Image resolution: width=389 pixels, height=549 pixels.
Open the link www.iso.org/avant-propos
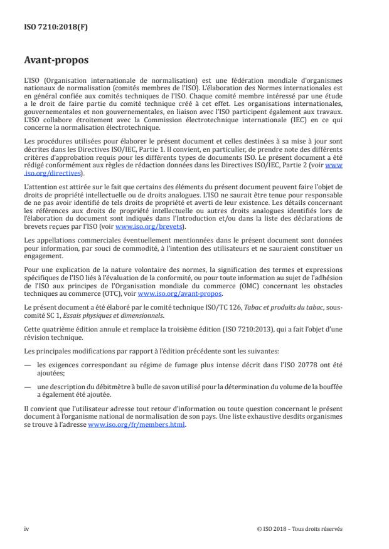click(x=179, y=293)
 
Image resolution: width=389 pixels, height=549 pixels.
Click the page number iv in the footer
click(x=27, y=528)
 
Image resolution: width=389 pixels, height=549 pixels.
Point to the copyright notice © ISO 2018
click(x=276, y=528)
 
